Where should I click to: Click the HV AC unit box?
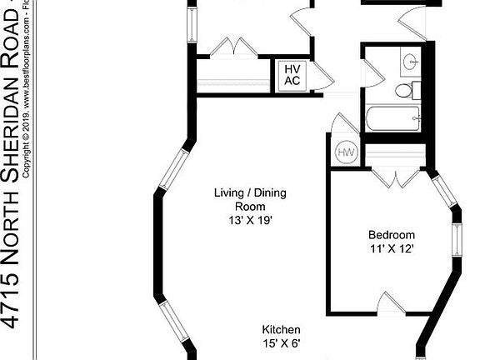(x=292, y=75)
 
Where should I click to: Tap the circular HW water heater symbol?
(x=346, y=153)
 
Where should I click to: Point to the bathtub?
(x=392, y=119)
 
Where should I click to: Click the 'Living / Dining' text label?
(x=250, y=193)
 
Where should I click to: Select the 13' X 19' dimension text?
(x=250, y=221)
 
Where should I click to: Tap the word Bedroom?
(x=392, y=235)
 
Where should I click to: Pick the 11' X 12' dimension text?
(x=392, y=248)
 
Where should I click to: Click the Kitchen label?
(x=282, y=330)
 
